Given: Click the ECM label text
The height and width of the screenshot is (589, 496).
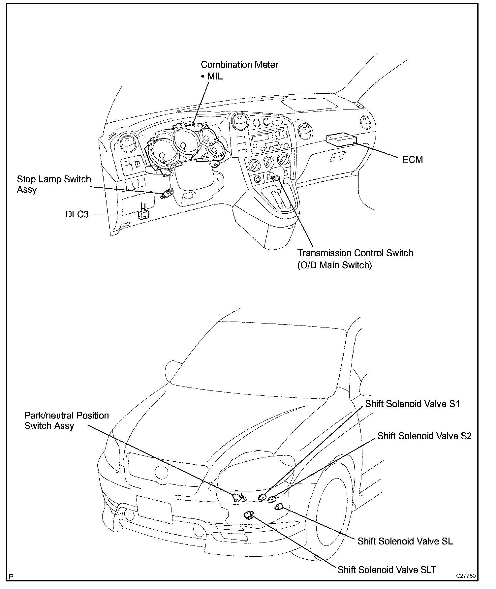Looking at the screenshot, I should pos(412,160).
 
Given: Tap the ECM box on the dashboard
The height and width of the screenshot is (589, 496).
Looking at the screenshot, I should pos(341,140).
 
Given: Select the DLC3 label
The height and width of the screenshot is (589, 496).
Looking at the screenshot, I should pos(77,214).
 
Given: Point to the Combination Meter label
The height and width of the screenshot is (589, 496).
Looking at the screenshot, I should pos(239,64).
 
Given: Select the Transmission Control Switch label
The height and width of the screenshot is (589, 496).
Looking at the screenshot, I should pos(355,253).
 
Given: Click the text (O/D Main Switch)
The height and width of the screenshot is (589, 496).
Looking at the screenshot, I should pos(334,265).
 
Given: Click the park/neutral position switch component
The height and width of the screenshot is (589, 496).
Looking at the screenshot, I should pos(238,497).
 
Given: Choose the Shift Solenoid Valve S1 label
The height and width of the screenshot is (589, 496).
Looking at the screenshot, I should pos(412,404).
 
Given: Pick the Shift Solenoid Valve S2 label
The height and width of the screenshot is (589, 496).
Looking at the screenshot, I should pos(424,436).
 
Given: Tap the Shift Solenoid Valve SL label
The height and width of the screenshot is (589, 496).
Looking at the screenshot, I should pos(405,541).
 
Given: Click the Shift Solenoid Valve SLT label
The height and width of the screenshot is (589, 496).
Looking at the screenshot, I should pos(387,570).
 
